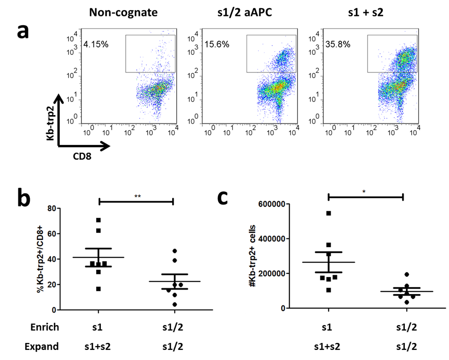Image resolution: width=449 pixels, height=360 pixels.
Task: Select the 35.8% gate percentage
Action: [x=337, y=45]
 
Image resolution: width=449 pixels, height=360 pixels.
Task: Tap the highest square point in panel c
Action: [x=329, y=213]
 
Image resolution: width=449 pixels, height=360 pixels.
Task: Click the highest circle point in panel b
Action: [x=174, y=251]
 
